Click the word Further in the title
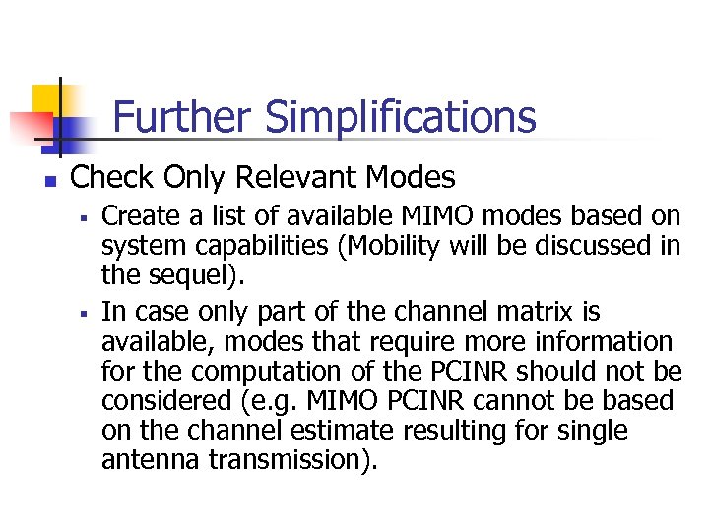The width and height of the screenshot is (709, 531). click(183, 117)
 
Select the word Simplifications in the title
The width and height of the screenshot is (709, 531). click(401, 117)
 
